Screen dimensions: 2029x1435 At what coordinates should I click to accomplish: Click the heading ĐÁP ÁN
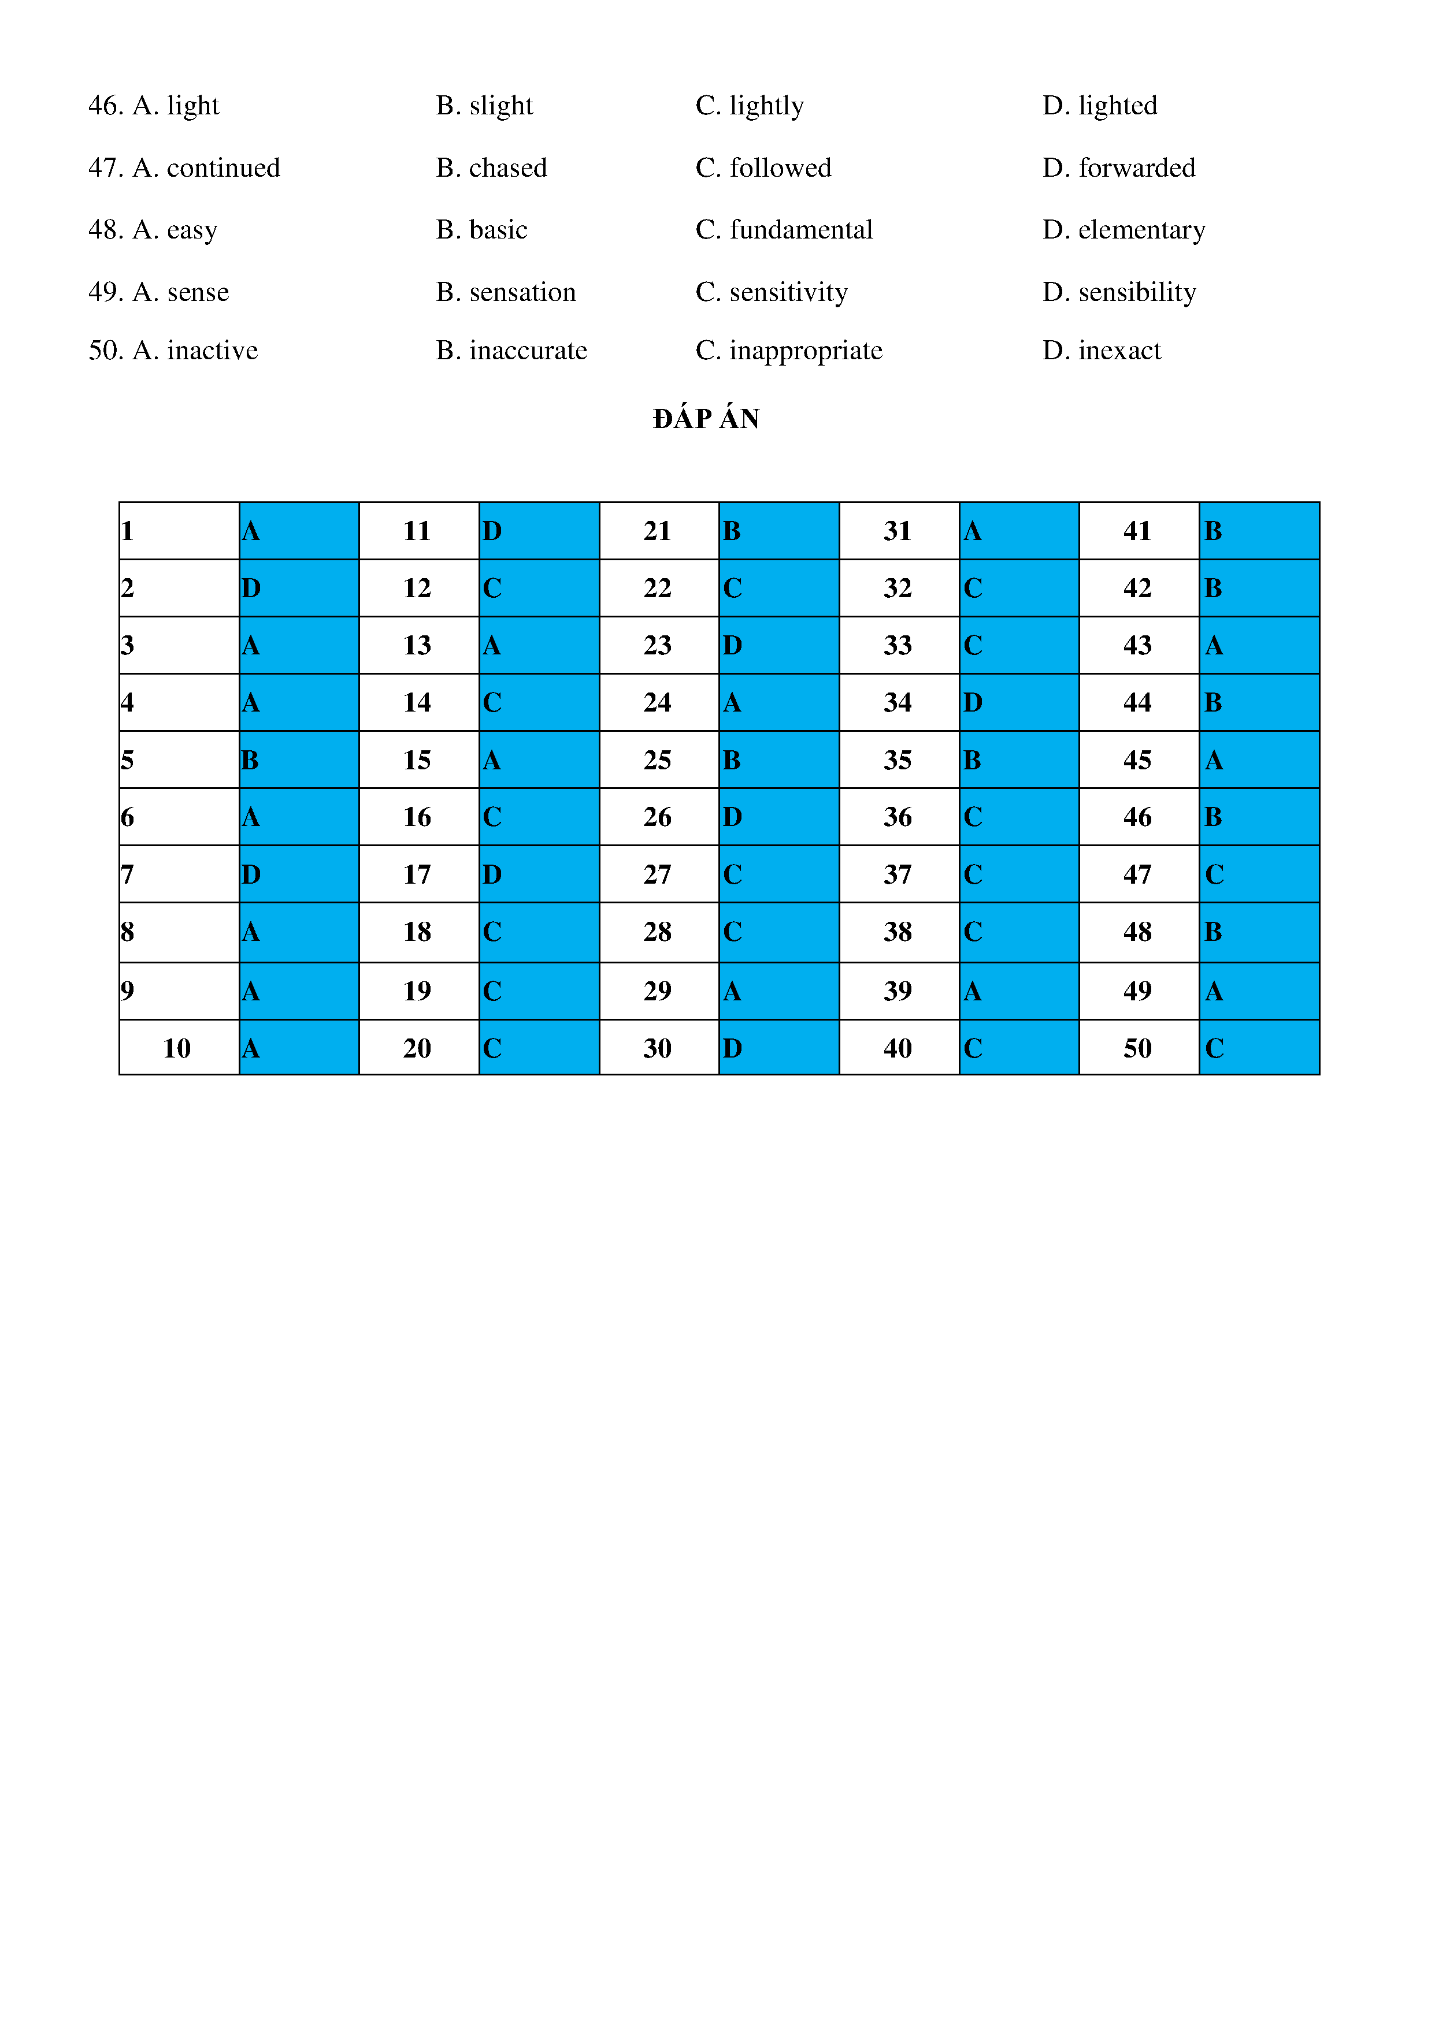tap(706, 418)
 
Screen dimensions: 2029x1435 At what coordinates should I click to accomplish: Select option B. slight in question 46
tap(484, 106)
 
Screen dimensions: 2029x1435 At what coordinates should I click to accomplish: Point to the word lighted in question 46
tap(1118, 106)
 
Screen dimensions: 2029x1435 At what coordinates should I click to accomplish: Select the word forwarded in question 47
tap(1137, 168)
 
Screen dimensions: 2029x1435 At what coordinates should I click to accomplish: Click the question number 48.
tap(105, 230)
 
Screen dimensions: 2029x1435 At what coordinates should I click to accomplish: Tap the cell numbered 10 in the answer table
tap(177, 1048)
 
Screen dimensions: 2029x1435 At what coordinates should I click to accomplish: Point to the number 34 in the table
tap(898, 702)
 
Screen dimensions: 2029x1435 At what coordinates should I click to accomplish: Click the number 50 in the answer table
tap(1137, 1048)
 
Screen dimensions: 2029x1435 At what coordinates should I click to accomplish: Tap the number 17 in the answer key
tap(417, 875)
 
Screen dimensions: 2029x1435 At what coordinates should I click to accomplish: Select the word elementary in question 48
tap(1141, 230)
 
